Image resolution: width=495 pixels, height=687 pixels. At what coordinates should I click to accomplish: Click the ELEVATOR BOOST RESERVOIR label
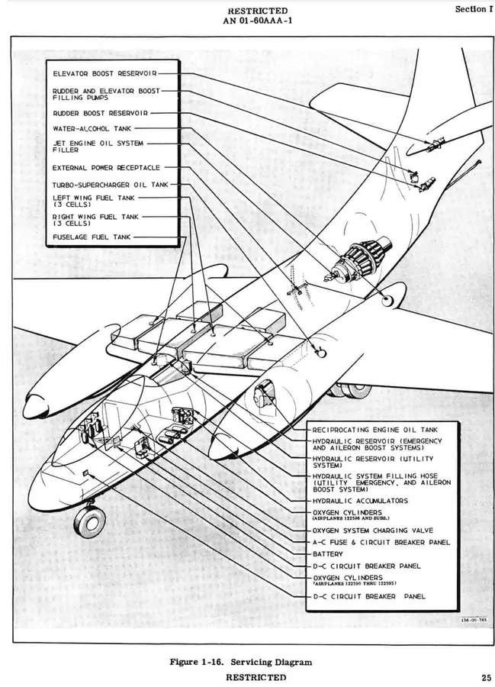tap(104, 73)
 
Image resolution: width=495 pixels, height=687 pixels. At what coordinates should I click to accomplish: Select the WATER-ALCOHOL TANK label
tap(92, 129)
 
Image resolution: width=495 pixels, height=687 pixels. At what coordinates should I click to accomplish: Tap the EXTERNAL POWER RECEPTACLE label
tap(106, 168)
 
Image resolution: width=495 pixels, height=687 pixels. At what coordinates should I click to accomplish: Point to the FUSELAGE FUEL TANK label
tap(92, 237)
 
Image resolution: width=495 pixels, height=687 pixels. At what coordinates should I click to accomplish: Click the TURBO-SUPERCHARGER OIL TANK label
tap(111, 185)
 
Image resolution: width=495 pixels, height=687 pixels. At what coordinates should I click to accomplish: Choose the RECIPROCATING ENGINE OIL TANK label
tap(375, 431)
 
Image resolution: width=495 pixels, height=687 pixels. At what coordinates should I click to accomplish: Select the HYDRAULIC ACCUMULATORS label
tap(360, 501)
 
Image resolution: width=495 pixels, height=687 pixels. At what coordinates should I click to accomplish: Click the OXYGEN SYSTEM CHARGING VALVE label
tap(373, 531)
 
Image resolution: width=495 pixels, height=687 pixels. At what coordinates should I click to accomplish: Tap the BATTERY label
tap(328, 554)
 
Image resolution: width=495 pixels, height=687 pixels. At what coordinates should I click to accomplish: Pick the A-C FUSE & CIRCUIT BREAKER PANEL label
tap(381, 543)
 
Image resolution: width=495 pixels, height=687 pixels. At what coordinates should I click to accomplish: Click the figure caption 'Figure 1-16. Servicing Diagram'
tap(241, 662)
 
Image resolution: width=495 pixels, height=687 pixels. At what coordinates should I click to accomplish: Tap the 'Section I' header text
tap(471, 9)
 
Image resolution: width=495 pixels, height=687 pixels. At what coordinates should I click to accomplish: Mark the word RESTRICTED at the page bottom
tap(256, 677)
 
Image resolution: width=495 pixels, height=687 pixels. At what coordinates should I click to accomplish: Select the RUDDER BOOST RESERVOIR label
tap(100, 114)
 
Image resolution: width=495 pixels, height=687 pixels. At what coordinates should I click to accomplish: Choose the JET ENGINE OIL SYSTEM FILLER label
tap(98, 147)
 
